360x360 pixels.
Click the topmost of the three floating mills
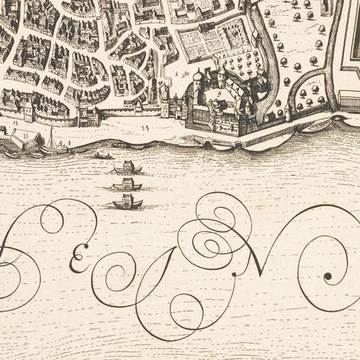(128, 167)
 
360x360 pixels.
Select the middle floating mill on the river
(127, 183)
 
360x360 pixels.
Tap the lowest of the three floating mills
(127, 202)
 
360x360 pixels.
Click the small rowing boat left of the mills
(103, 157)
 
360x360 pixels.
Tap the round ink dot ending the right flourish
(328, 277)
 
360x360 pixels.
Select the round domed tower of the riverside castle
(197, 80)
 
